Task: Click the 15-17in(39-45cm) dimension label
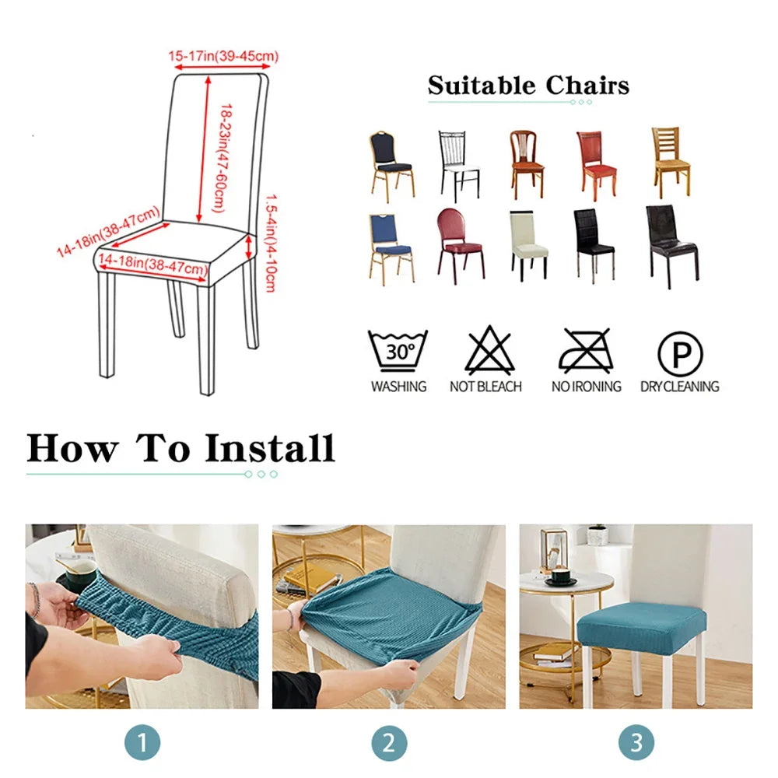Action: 223,55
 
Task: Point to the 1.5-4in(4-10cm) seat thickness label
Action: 271,243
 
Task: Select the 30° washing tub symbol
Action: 398,350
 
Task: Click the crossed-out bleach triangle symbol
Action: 489,350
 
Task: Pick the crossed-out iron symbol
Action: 586,350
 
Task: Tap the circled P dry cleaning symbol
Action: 680,354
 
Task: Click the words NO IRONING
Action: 587,387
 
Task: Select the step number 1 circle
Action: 142,743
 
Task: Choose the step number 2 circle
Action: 389,743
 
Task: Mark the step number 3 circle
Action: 636,743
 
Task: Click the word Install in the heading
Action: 270,448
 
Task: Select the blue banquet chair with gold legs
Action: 391,249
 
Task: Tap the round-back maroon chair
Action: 460,246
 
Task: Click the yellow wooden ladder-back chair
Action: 671,163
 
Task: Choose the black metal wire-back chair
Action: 459,166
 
